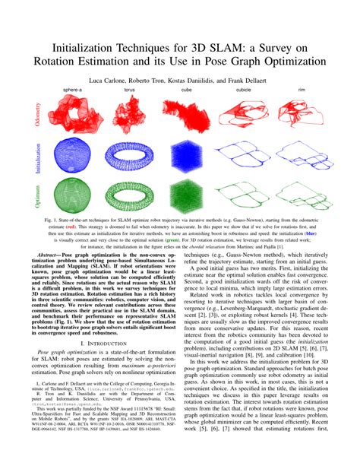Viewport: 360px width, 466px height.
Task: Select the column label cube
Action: click(x=186, y=89)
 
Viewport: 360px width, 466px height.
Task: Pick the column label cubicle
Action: click(x=243, y=89)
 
